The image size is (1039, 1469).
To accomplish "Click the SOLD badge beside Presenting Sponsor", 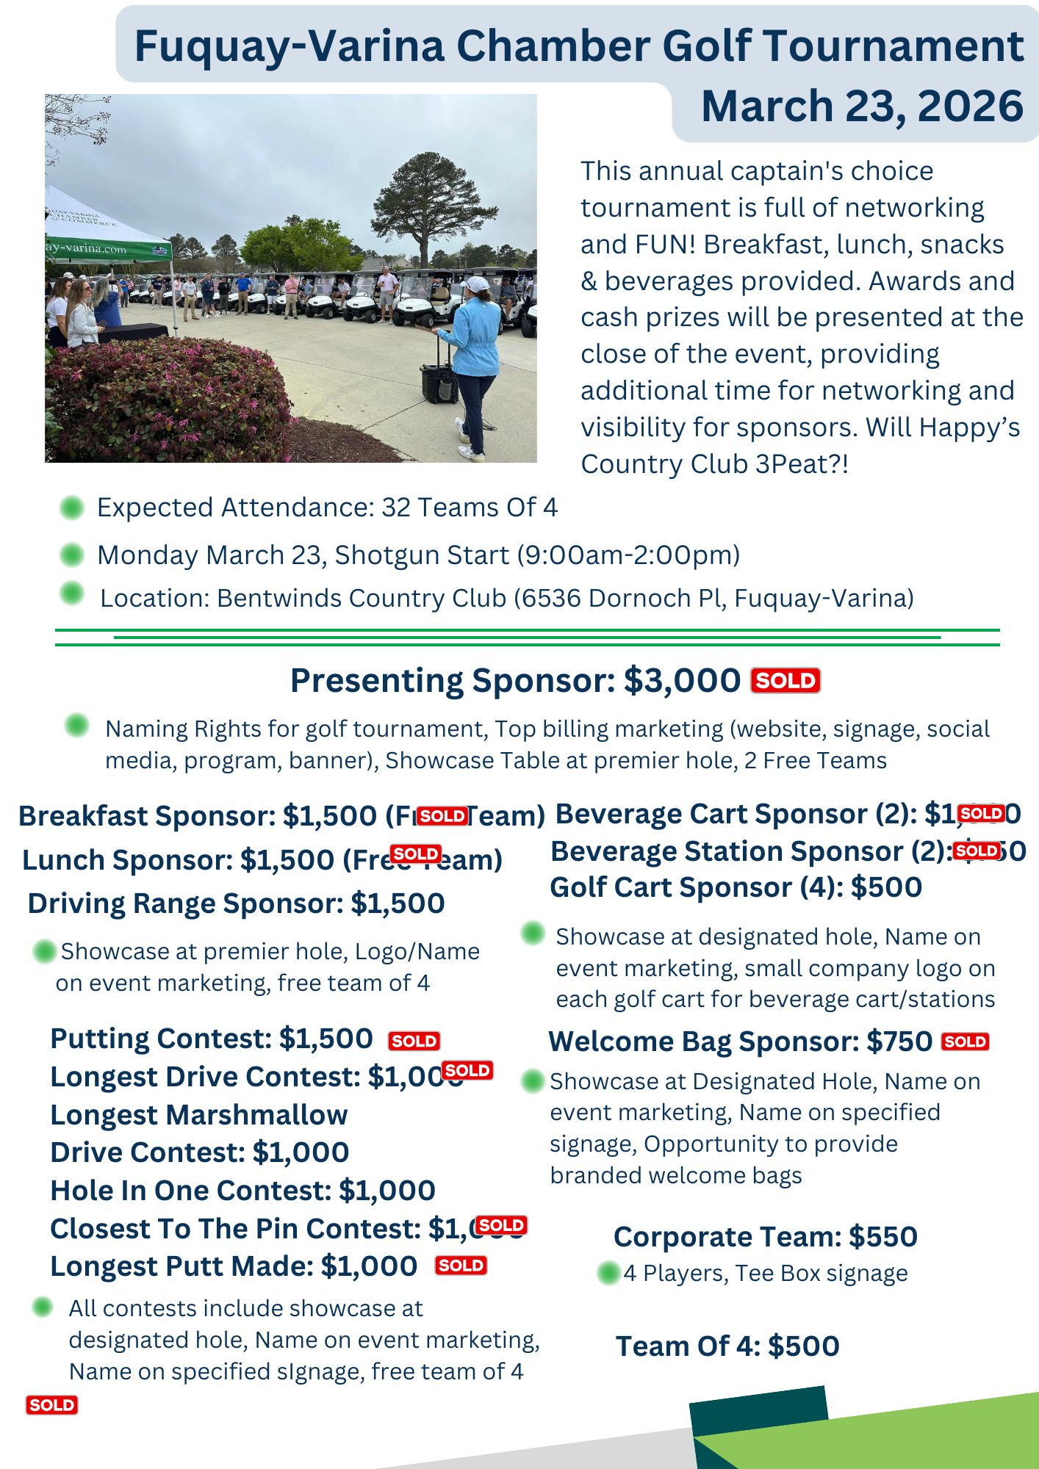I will tap(785, 681).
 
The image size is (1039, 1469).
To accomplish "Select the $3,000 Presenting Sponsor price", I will tap(682, 681).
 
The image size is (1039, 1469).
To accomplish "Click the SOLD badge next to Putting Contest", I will tap(414, 1041).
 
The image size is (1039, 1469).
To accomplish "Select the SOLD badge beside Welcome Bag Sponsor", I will tap(965, 1042).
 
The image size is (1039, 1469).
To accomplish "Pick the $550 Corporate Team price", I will tap(882, 1237).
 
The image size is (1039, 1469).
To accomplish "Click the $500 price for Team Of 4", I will tap(803, 1346).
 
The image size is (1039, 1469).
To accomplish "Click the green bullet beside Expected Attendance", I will tap(72, 508).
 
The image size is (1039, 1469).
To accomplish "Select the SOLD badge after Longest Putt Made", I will tap(461, 1266).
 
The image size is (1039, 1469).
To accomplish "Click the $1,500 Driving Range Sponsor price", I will tap(398, 903).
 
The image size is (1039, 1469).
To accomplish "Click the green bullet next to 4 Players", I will tap(608, 1273).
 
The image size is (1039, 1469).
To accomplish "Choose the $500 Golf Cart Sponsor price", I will tap(886, 887).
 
